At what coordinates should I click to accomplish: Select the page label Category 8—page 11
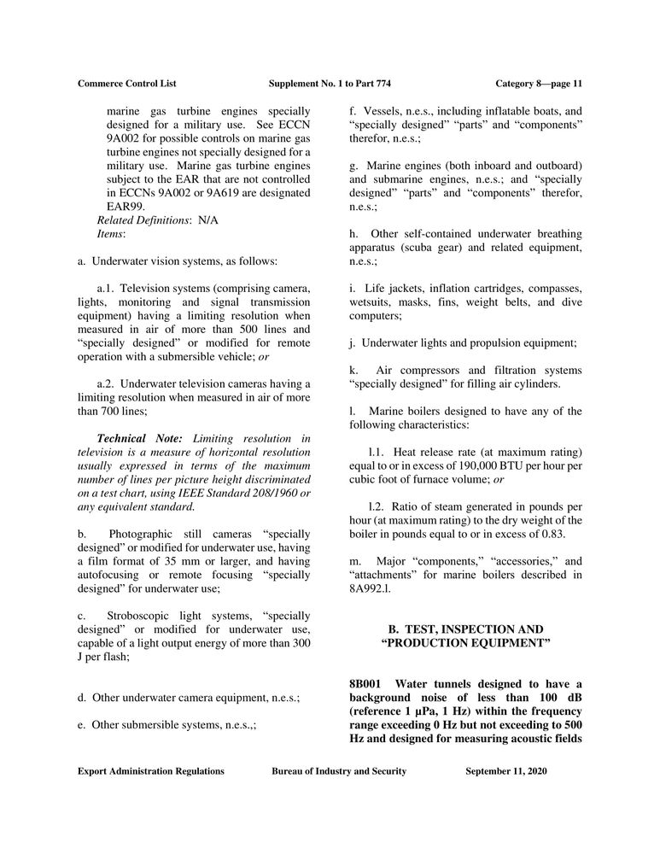click(x=539, y=84)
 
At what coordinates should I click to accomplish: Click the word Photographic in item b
click(x=142, y=534)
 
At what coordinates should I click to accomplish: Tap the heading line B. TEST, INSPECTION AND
click(x=465, y=629)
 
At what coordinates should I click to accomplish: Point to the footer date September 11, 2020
click(x=506, y=771)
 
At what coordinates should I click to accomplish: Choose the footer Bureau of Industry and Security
click(x=339, y=771)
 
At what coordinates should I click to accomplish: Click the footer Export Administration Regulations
click(x=151, y=771)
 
